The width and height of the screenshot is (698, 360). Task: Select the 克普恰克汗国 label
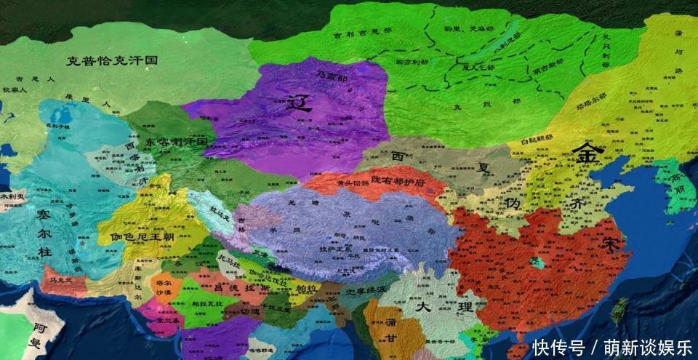(x=111, y=60)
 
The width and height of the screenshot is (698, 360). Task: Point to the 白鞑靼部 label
(x=538, y=137)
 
